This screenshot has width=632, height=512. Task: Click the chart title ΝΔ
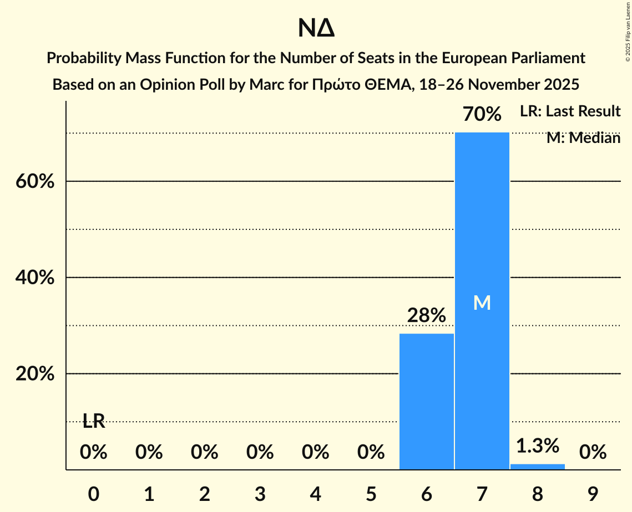[x=316, y=29]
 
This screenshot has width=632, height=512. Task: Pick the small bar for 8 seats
[x=537, y=467]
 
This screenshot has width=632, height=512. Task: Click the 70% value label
[x=482, y=115]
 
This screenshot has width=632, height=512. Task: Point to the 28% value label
[x=426, y=315]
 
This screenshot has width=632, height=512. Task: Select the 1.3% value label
[x=537, y=446]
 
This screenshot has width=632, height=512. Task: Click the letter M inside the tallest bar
[x=482, y=303]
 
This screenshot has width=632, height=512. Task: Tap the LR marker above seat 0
[x=94, y=421]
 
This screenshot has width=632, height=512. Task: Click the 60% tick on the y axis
[x=34, y=182]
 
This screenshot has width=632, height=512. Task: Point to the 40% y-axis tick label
[x=34, y=278]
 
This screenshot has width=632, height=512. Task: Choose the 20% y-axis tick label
[x=34, y=374]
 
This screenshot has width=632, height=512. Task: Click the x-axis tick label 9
[x=593, y=494]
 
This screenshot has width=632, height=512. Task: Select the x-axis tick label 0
[x=94, y=494]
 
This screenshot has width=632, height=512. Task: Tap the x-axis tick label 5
[x=371, y=494]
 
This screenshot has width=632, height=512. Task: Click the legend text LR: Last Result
[x=570, y=111]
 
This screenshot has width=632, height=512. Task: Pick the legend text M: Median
[x=583, y=138]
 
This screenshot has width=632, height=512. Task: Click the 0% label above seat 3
[x=260, y=453]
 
